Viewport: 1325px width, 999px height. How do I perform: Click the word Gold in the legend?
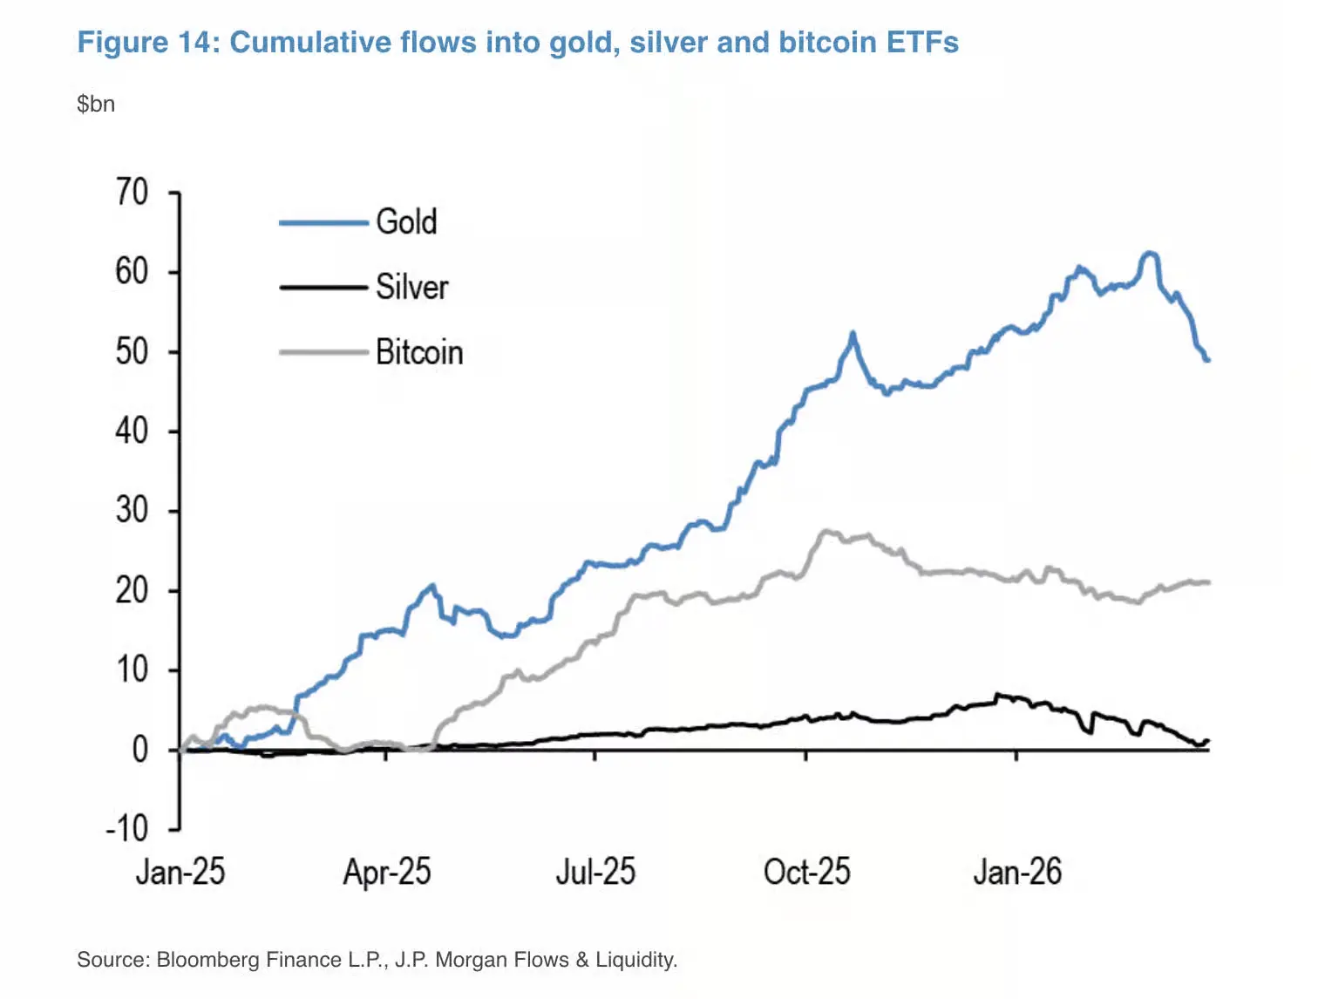click(406, 221)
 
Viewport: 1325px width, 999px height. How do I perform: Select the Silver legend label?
click(411, 287)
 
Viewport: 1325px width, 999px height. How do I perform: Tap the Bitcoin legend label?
click(419, 352)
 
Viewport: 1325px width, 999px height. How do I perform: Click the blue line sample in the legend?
click(323, 223)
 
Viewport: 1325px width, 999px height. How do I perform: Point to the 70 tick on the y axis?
click(132, 192)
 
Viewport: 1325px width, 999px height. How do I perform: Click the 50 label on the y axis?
click(132, 351)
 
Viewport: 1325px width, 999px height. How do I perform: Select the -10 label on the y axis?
click(127, 828)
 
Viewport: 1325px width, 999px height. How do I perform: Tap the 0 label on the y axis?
click(139, 749)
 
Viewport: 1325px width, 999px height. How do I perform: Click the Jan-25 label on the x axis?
click(180, 872)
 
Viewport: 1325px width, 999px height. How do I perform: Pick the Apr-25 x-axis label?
click(387, 872)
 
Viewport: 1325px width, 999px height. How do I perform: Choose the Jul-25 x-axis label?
click(596, 872)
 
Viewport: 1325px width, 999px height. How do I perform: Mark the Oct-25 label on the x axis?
click(806, 872)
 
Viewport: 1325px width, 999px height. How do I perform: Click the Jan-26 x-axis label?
click(1017, 872)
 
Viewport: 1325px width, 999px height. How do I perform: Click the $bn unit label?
click(96, 104)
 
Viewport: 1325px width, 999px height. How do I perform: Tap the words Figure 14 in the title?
click(144, 42)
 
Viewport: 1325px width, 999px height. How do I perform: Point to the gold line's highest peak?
click(1151, 254)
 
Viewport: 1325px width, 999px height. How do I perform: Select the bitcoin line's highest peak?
click(825, 530)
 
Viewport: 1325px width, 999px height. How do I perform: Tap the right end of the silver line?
click(1207, 741)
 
